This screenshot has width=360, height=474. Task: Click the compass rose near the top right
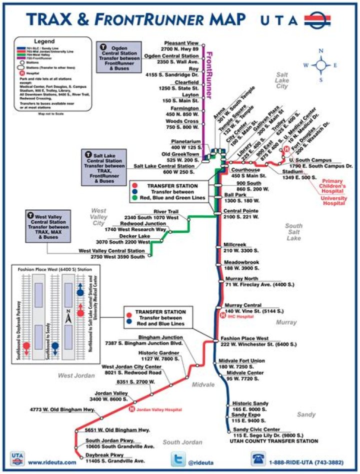tap(321, 64)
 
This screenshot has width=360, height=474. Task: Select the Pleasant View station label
tap(181, 43)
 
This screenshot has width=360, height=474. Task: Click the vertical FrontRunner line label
tap(210, 75)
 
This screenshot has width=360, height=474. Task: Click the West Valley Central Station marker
tap(149, 256)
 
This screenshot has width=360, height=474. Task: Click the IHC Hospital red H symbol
tap(223, 315)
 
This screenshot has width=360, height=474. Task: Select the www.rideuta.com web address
tap(52, 463)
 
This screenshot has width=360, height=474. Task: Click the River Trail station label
tap(166, 211)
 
